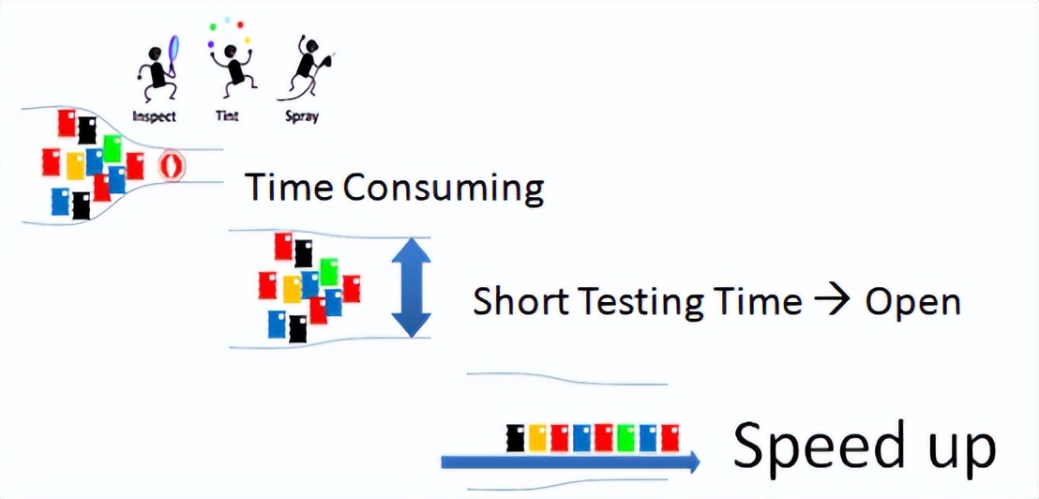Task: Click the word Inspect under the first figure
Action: point(155,116)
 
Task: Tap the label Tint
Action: point(227,115)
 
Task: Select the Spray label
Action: point(302,116)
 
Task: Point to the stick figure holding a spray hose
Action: point(308,67)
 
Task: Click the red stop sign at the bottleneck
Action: point(172,165)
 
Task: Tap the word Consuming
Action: point(444,189)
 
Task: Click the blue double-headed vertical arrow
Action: point(411,288)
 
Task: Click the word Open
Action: point(912,304)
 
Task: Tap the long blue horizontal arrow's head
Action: point(693,461)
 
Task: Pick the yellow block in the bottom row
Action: point(537,437)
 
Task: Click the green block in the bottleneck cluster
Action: point(113,148)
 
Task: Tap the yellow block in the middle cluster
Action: point(293,289)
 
